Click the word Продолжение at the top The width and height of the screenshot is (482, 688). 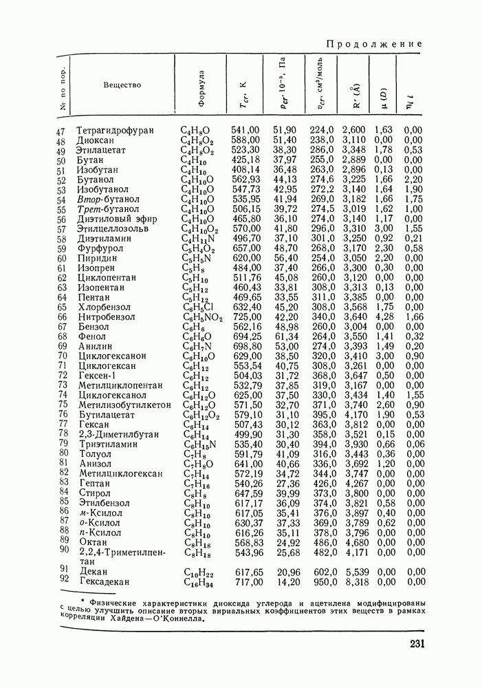click(x=374, y=44)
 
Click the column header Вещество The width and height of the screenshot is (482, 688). click(x=122, y=85)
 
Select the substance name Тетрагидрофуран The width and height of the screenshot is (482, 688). click(x=115, y=130)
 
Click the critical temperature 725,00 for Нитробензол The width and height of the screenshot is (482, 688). click(x=246, y=316)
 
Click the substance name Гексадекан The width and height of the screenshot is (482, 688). click(x=105, y=582)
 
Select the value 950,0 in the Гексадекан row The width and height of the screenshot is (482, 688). click(x=321, y=582)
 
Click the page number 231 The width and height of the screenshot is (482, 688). click(x=409, y=645)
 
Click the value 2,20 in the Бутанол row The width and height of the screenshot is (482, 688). click(x=413, y=180)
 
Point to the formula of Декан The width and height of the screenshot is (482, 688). click(x=198, y=572)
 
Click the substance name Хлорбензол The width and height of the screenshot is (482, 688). click(x=105, y=307)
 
